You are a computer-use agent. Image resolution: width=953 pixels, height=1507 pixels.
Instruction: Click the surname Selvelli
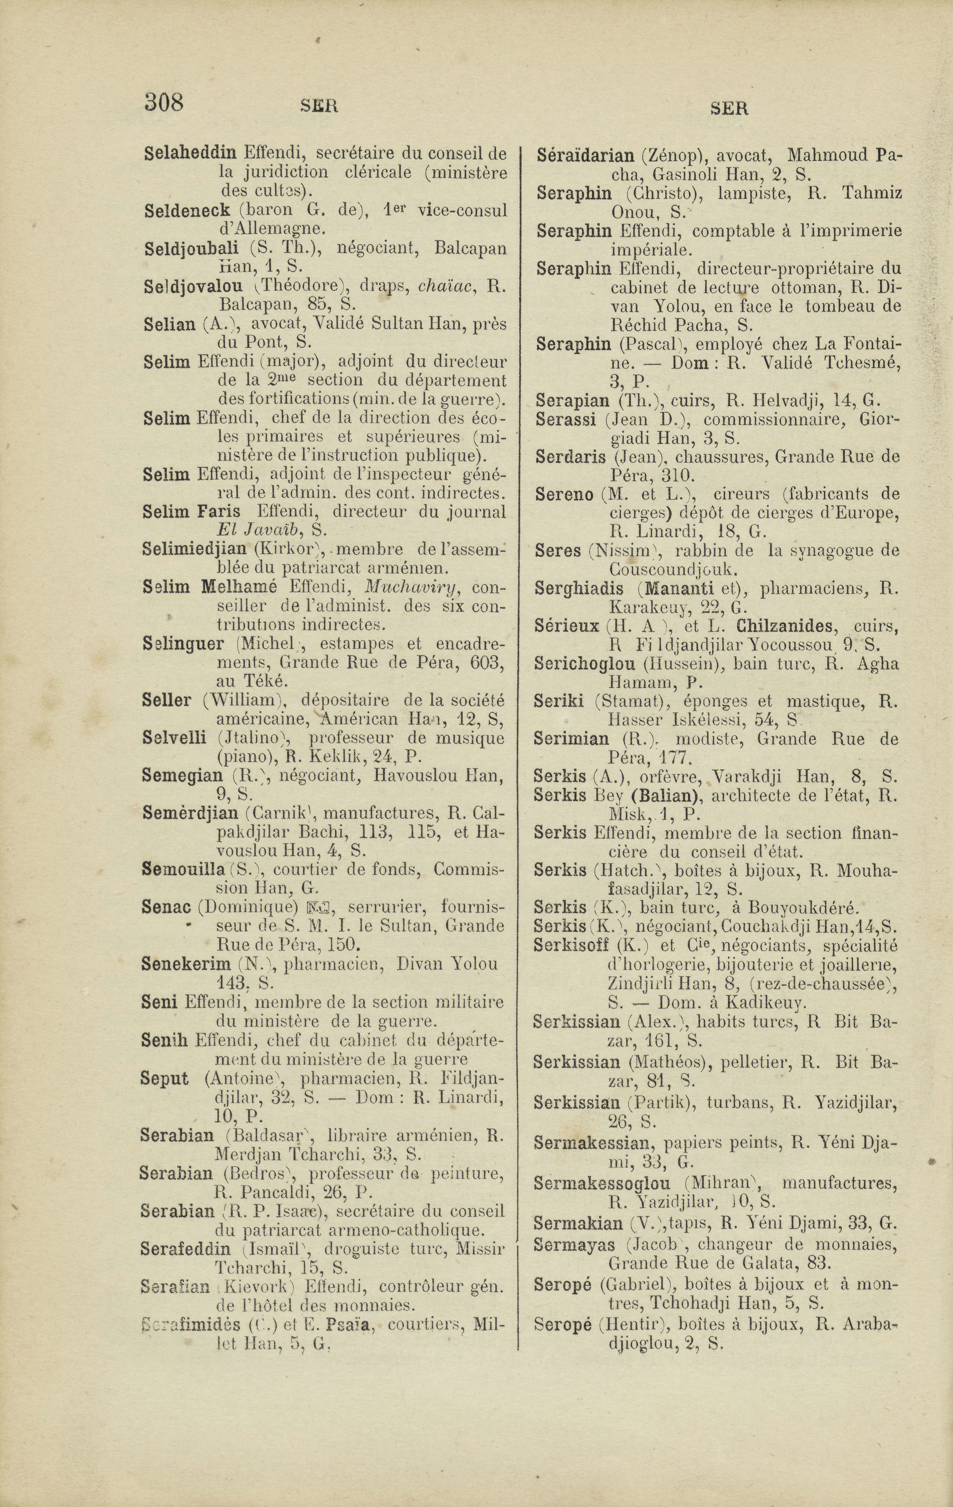(x=174, y=738)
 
